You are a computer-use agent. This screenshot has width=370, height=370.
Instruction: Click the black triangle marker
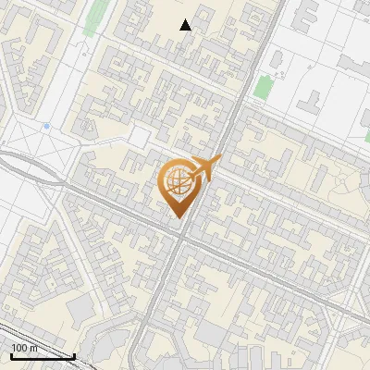[x=186, y=25]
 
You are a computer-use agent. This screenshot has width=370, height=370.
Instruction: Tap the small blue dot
[x=45, y=125]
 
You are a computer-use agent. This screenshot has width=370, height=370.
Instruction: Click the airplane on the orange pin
[x=206, y=167]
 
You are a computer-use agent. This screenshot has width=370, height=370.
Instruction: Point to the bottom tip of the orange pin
[x=179, y=219]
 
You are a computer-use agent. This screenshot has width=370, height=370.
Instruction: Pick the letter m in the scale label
[x=34, y=347]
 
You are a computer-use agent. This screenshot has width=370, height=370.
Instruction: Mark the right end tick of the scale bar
[x=74, y=354]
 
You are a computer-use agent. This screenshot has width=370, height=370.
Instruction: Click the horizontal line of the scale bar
[x=42, y=356]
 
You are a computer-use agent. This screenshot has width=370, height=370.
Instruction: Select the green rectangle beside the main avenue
[x=264, y=89]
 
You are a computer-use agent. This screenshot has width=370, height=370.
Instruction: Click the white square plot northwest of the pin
[x=139, y=137]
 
